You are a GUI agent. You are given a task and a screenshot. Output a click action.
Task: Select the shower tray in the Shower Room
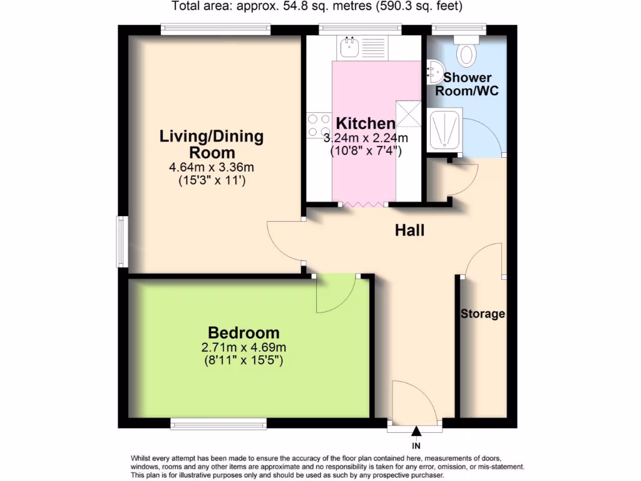coord(443,130)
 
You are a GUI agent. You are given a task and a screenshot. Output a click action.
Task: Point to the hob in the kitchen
coord(319,125)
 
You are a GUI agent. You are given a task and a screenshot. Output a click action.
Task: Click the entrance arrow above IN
coord(416,431)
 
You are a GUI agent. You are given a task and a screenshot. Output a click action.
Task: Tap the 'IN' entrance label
coord(416,446)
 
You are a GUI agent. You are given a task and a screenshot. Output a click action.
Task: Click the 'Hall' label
coord(409,230)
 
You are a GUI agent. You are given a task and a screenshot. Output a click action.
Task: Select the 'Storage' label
coord(483,314)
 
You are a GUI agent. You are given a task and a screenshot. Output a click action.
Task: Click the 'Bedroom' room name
coord(244,333)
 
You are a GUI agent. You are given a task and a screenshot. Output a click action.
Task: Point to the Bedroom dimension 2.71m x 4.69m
coord(244,348)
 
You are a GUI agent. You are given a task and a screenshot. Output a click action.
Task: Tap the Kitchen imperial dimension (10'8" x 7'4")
coord(366,151)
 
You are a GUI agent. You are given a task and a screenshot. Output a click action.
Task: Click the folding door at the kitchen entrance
coord(363,204)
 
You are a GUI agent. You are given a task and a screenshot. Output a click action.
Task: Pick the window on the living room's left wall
coord(122,241)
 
